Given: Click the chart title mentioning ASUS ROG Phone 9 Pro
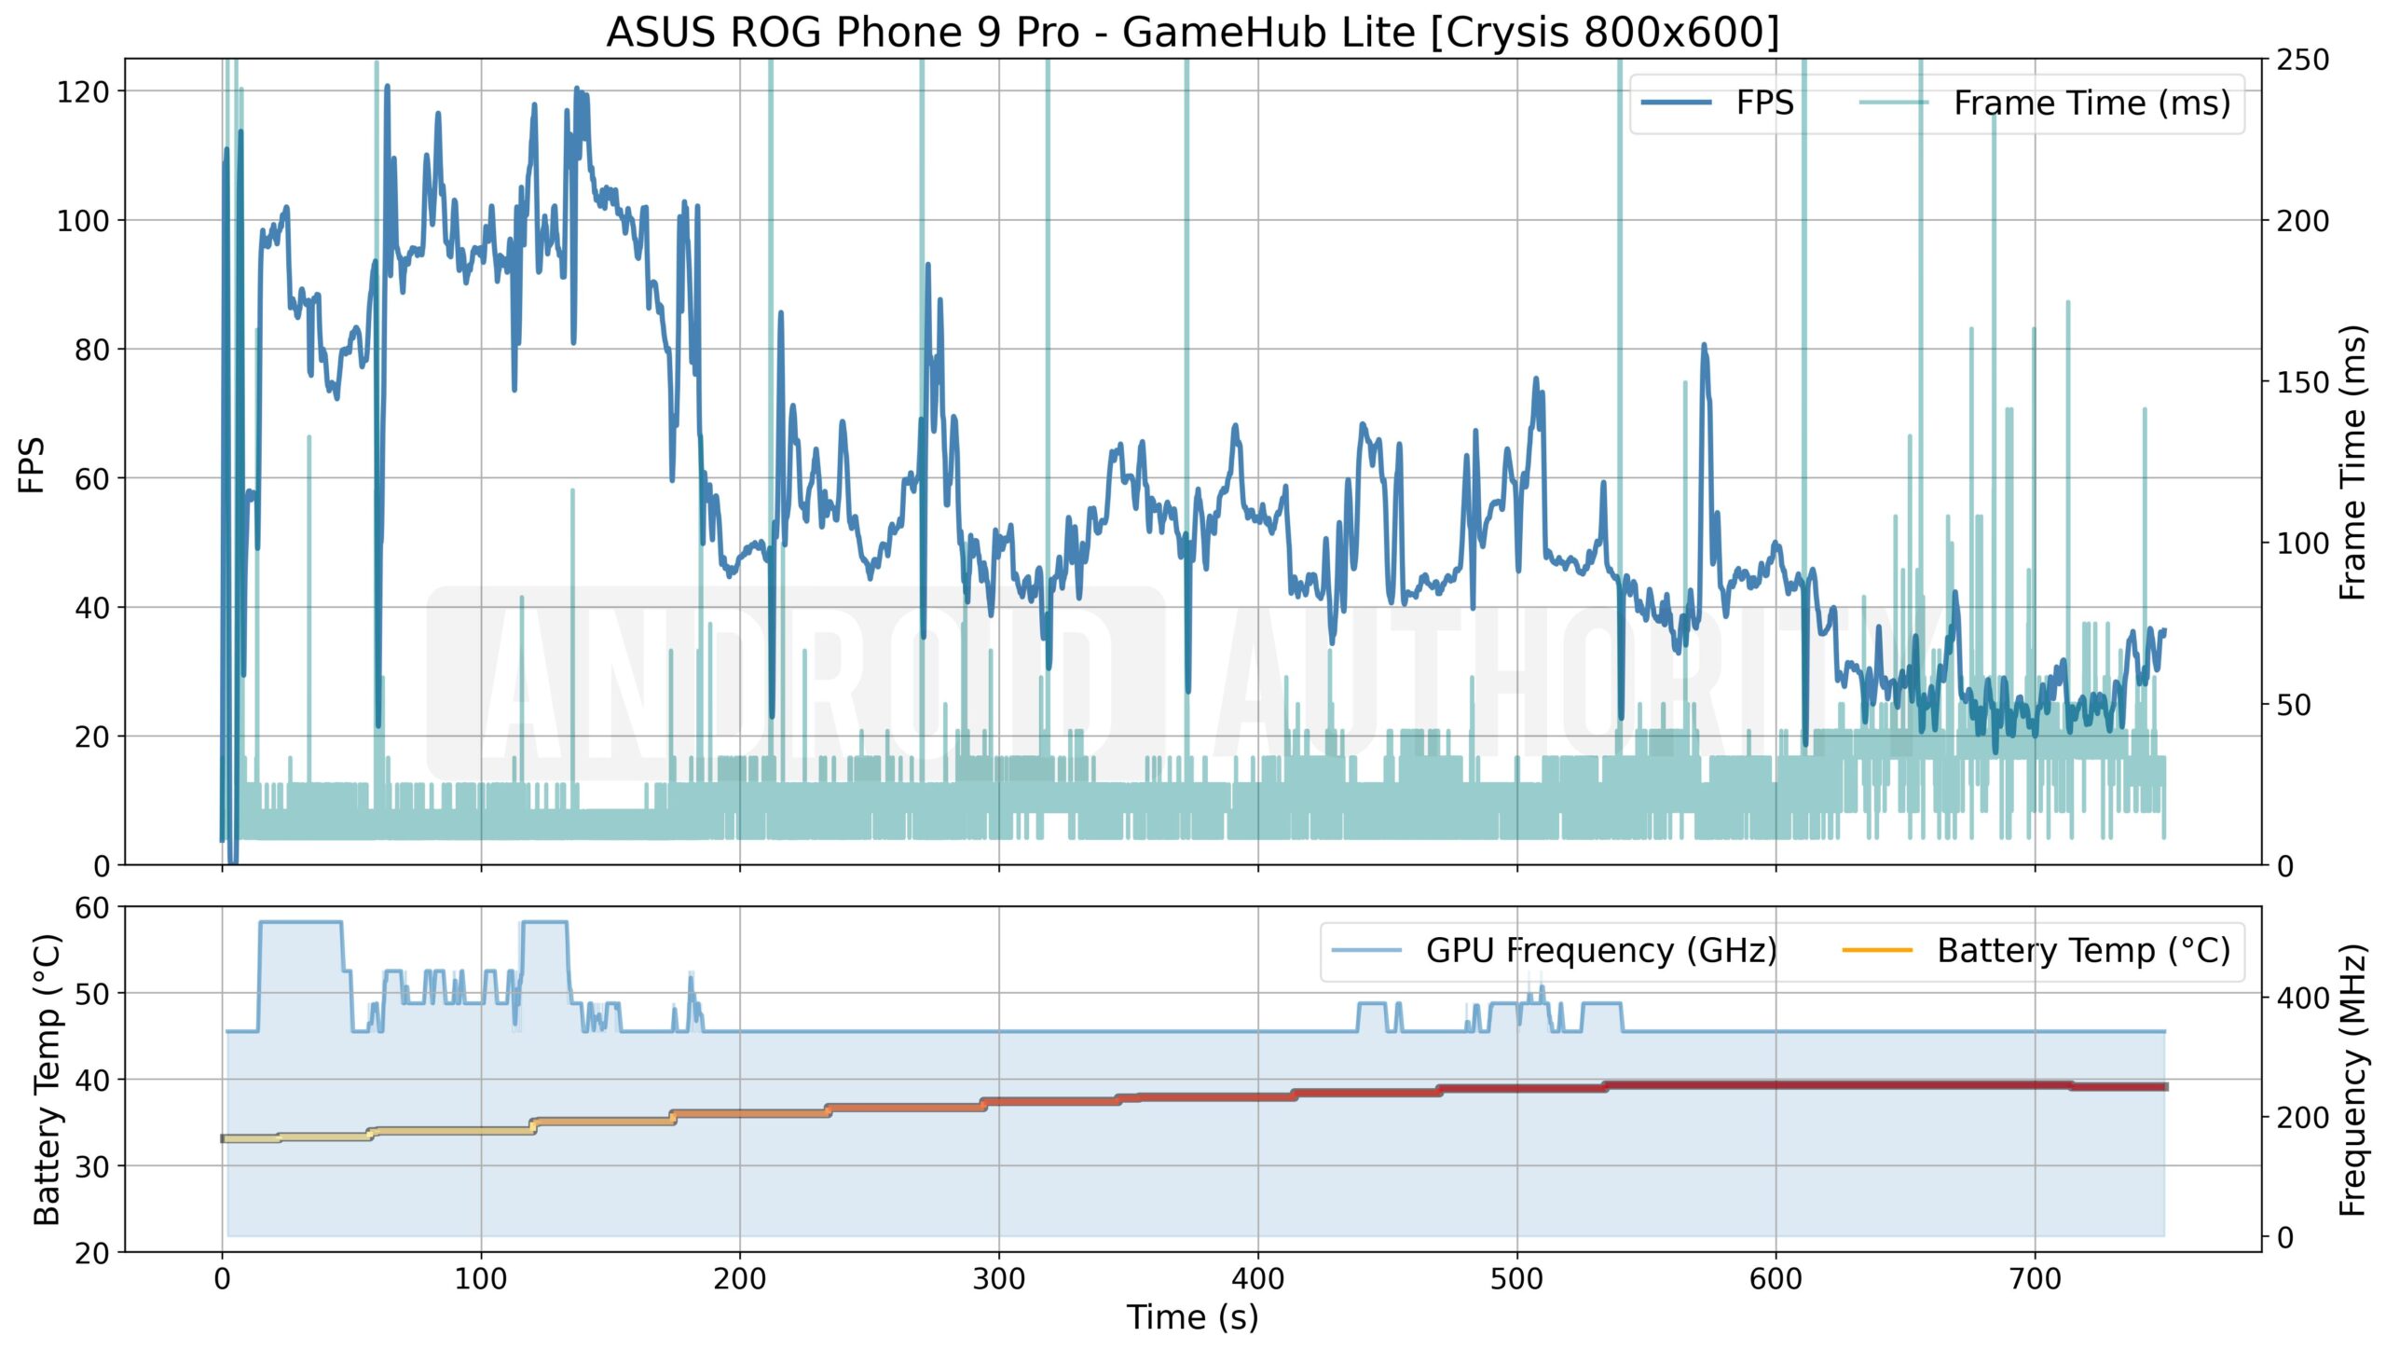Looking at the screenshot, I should [1192, 32].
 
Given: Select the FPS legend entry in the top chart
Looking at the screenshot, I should [1764, 103].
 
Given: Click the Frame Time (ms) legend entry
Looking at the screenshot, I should [2091, 103].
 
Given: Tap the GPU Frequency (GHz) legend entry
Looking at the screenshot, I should [1600, 950].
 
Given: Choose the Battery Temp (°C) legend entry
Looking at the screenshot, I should [2083, 950].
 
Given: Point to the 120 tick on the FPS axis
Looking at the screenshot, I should [83, 91].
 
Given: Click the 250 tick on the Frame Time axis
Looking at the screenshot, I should [2302, 60].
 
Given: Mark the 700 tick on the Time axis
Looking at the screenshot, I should [2035, 1278].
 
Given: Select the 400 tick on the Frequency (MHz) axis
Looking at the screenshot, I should [2302, 998].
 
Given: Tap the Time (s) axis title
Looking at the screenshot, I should [1192, 1317].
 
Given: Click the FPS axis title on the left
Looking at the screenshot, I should [31, 464].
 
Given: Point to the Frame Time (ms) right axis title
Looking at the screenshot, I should [2353, 462].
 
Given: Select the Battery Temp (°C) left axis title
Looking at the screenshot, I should [46, 1079].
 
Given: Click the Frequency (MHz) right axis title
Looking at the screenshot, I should [2353, 1080].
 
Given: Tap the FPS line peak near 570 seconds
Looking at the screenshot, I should [1704, 346].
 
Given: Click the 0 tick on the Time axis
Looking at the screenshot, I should [222, 1278].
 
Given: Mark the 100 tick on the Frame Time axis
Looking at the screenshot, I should [2302, 543].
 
